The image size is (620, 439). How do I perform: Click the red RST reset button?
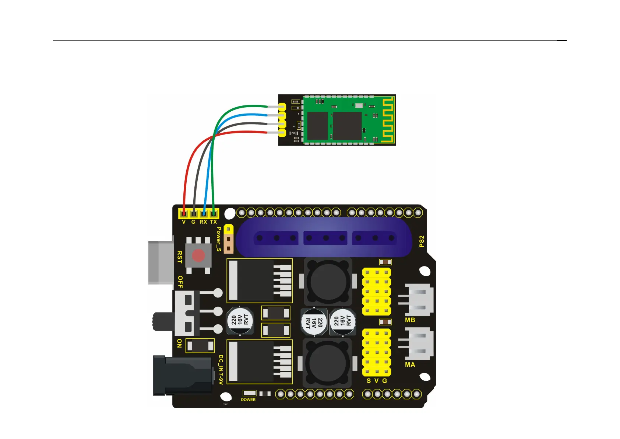198,255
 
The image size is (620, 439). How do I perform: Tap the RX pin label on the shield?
203,222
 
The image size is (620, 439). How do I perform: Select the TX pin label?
214,222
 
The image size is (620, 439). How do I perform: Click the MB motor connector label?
410,320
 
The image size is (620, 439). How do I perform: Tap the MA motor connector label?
410,365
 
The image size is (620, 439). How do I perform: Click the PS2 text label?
422,241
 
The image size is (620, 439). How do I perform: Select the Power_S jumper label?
219,239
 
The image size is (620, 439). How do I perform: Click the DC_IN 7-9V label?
221,370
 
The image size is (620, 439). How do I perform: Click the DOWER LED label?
248,400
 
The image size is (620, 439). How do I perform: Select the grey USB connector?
161,262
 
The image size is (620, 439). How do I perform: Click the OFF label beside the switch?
180,282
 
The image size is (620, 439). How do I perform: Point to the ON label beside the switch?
179,343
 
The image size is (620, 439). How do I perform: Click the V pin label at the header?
184,222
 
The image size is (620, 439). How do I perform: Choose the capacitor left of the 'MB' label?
342,322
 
